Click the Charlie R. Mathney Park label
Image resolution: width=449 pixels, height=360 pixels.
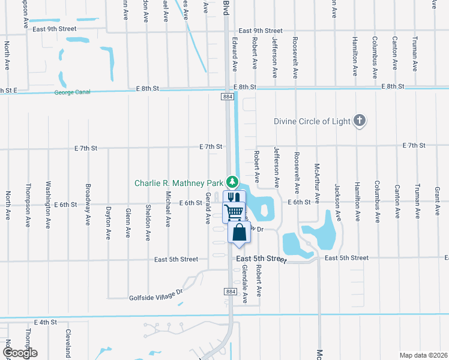coord(178,184)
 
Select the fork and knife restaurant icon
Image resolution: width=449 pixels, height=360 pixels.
coord(232,197)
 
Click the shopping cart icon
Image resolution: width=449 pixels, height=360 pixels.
coord(234,211)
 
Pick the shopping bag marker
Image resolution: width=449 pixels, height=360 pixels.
coord(239,232)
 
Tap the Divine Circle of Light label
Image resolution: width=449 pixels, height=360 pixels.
coord(312,121)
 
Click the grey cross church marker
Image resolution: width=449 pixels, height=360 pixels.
coord(360,121)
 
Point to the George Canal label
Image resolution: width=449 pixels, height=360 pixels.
coord(73,92)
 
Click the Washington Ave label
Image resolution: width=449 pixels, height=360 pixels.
coord(48,205)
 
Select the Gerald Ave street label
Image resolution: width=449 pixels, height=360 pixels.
coord(208,209)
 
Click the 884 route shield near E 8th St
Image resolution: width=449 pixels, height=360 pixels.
coord(227,96)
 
